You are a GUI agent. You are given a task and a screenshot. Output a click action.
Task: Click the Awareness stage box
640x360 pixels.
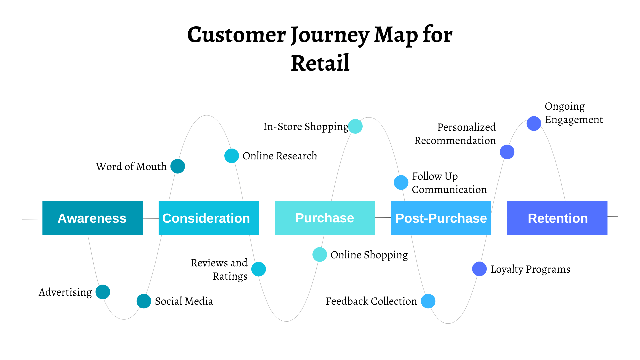[x=92, y=218]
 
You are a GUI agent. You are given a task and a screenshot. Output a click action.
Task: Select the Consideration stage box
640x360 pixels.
[x=209, y=218]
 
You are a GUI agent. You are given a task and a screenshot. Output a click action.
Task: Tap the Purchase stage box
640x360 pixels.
[x=325, y=218]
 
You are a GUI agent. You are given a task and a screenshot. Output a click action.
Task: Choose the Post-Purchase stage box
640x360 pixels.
[x=441, y=218]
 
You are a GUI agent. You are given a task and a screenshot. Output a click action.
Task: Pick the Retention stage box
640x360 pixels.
[x=557, y=218]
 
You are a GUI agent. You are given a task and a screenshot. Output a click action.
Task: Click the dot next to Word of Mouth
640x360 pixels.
[x=178, y=166]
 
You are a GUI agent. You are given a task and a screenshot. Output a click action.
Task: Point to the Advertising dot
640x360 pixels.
[x=103, y=292]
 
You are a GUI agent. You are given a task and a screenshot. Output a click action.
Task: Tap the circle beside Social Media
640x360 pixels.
[x=144, y=301]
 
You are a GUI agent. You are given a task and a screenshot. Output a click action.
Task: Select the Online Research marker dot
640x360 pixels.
[x=232, y=156]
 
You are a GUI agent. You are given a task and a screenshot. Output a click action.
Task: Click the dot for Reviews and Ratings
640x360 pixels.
[x=259, y=269]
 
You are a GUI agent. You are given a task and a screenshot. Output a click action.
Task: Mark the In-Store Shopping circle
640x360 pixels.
[x=355, y=126]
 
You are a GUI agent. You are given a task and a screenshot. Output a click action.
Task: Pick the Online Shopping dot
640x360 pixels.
[x=320, y=255]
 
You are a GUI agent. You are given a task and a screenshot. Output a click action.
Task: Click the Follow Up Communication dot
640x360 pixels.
[x=401, y=182]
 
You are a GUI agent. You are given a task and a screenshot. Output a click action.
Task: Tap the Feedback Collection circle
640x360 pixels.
[x=428, y=301]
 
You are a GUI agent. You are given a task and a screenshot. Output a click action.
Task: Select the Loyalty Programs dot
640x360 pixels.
[x=479, y=269]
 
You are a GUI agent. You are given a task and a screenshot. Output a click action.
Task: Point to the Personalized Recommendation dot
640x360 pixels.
[x=507, y=152]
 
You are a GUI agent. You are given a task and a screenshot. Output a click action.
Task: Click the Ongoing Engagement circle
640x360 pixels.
[x=534, y=124]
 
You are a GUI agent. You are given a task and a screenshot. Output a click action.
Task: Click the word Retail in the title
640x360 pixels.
[x=320, y=63]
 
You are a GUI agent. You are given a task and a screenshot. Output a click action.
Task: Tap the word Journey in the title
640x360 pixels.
[x=330, y=35]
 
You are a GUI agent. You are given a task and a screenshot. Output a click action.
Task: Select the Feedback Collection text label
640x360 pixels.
[x=371, y=301]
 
